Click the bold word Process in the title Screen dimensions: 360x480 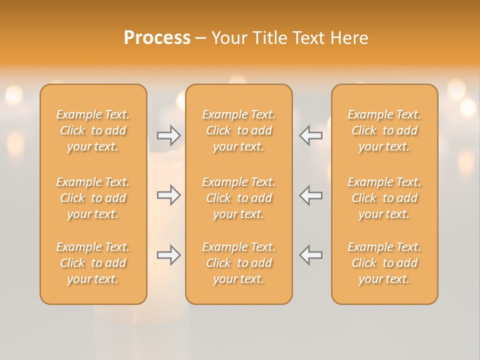(x=157, y=38)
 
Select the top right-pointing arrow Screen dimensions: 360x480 (x=168, y=135)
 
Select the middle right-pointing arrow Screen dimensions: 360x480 (x=168, y=195)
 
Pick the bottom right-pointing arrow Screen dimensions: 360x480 (x=168, y=255)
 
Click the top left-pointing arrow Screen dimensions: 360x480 (x=311, y=135)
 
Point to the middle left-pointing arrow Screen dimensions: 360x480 (x=311, y=195)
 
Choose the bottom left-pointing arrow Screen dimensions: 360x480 (x=311, y=255)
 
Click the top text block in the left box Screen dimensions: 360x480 (x=93, y=130)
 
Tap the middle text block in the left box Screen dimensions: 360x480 (x=93, y=198)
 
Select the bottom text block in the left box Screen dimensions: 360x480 (x=93, y=263)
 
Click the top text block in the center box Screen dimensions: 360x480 (x=238, y=130)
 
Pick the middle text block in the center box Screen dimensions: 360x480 (x=238, y=198)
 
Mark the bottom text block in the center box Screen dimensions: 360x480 (x=238, y=263)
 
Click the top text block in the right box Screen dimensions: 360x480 (x=384, y=130)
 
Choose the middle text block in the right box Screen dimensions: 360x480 (x=384, y=198)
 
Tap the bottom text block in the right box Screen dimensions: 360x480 (x=384, y=263)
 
